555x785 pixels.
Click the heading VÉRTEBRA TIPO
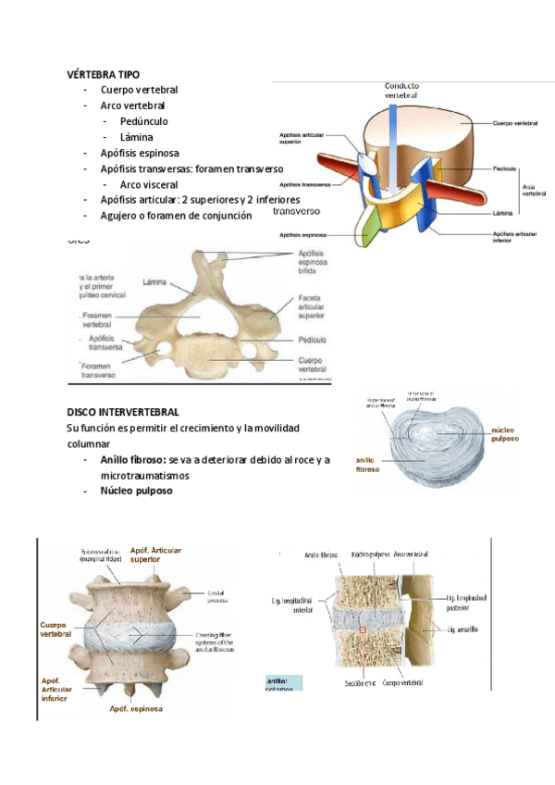coord(104,74)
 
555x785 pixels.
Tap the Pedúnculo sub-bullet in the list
coord(143,121)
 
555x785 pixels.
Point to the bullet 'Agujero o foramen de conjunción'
coord(176,216)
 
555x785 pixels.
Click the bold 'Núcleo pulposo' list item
coord(137,491)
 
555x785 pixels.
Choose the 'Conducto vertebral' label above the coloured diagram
coord(401,91)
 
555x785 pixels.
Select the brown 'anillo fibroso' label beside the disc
coord(368,464)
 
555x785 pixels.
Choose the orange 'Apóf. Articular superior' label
coord(156,554)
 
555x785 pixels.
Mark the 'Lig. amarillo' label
coord(462,629)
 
